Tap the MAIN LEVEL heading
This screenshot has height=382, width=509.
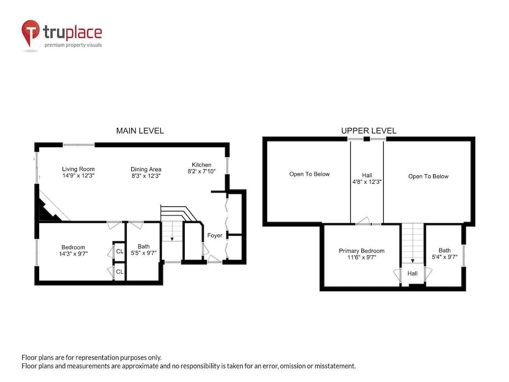point(140,130)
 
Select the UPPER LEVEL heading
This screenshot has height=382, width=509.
point(369,130)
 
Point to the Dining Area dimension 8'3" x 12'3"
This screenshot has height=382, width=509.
point(146,176)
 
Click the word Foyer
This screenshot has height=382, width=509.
point(215,235)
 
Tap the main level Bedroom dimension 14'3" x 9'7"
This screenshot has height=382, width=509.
point(73,254)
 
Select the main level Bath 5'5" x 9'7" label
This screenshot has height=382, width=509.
point(144,250)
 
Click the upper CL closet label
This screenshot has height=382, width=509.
point(120,251)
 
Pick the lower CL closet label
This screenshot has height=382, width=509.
point(120,271)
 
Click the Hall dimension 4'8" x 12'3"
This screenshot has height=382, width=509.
point(367,182)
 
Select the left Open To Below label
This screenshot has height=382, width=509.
point(309,174)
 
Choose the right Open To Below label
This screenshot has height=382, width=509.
point(428,176)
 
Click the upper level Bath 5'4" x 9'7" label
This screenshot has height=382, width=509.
point(444,254)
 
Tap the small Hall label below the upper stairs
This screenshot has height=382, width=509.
point(412,274)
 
